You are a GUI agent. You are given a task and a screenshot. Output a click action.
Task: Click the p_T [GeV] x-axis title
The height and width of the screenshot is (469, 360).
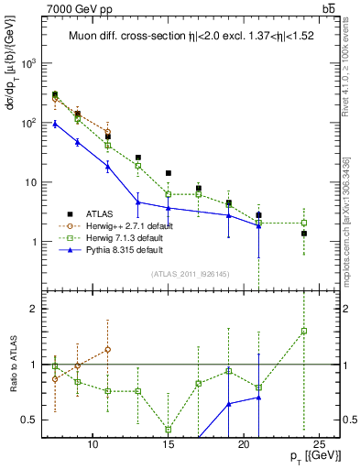315,455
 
